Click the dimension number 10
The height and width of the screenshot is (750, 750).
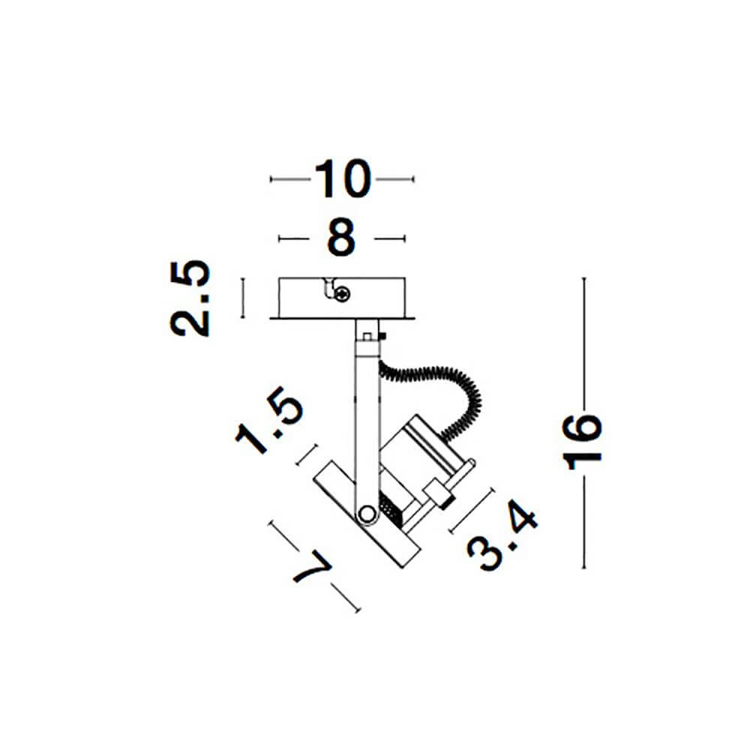343,179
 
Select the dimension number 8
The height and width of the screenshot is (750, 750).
341,238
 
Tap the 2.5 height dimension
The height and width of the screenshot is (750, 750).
190,298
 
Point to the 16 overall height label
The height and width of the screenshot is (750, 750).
583,442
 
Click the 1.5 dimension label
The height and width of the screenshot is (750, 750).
269,421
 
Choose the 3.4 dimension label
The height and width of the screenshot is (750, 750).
502,535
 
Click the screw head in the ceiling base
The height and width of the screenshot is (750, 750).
343,294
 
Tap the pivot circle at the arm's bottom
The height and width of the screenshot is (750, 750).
367,514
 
